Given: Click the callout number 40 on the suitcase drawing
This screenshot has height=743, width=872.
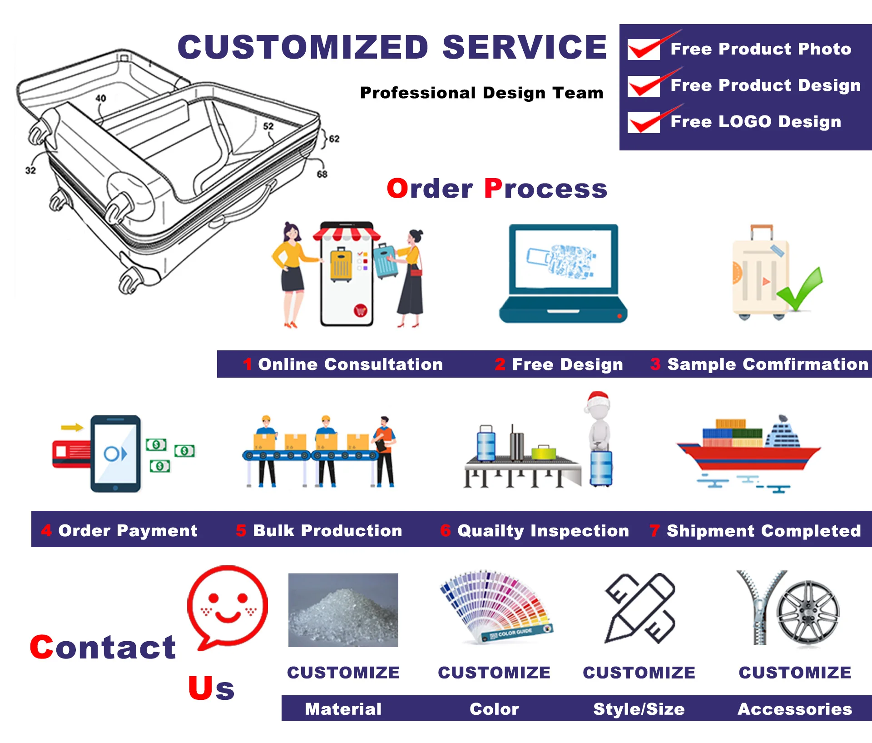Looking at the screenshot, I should pos(100,98).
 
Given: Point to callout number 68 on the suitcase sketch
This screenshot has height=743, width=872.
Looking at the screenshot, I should pos(322,174).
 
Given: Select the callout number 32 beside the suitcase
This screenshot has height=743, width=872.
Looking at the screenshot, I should pos(30,170).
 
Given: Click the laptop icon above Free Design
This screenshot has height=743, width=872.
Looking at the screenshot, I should pos(563,273).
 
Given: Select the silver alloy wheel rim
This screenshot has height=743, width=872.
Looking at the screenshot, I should pos(808,611).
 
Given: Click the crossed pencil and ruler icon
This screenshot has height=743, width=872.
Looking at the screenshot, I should pos(640,608).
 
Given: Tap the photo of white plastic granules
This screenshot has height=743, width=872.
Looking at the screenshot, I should pos(343,610).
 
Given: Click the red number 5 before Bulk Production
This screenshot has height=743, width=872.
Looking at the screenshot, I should pos(241,530).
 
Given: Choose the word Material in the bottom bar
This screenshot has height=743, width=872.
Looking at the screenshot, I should pos(343,709).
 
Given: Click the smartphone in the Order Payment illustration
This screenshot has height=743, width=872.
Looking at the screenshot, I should pos(115,454).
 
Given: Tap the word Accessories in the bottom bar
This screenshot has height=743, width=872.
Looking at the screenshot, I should pos(795,709).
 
